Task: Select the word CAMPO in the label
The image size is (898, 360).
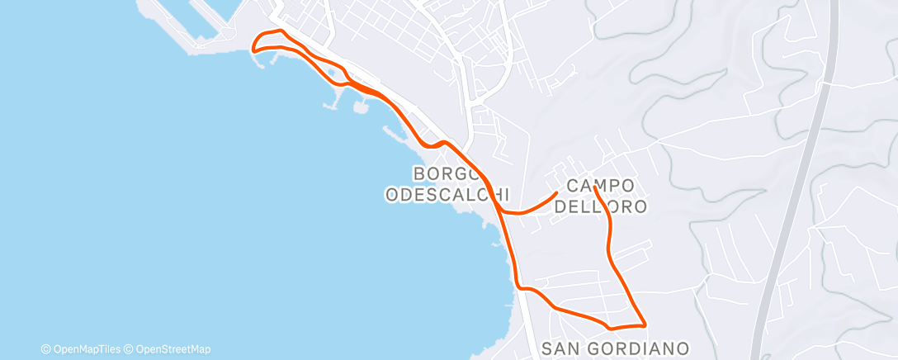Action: pos(600,186)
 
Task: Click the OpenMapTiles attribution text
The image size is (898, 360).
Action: pos(86,349)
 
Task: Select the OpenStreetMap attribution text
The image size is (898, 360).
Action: pos(173,349)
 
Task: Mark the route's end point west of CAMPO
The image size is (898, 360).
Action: pos(556,192)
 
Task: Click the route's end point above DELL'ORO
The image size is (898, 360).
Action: pos(594,187)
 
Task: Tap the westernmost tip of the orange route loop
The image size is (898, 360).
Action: pos(252,50)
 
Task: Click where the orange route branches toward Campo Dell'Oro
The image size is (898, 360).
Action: pos(503,211)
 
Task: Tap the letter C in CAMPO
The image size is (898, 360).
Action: pos(573,186)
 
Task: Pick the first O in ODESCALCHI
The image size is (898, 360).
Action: pos(392,195)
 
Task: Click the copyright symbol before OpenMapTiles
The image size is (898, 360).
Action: pos(45,349)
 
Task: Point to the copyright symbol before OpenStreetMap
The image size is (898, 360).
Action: pos(127,349)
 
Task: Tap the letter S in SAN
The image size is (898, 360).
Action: pos(549,348)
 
